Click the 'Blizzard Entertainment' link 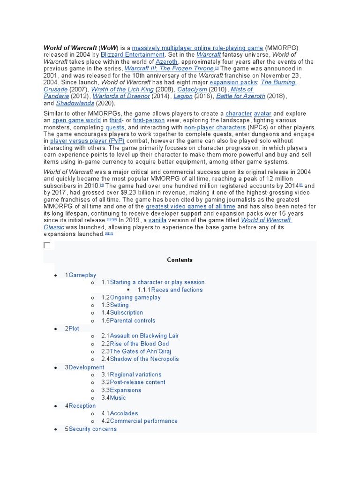tap(133, 55)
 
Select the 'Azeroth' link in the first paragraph tap(166, 62)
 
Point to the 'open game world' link tap(77, 120)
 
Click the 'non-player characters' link tap(215, 127)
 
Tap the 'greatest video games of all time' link tap(190, 207)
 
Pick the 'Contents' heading tap(180, 260)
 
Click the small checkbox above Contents tap(46, 246)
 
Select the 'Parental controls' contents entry tap(133, 321)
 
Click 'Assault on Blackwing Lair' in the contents tap(144, 336)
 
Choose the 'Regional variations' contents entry tap(135, 375)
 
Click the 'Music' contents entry tap(118, 398)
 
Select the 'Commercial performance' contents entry tap(144, 421)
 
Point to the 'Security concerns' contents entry tap(93, 429)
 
